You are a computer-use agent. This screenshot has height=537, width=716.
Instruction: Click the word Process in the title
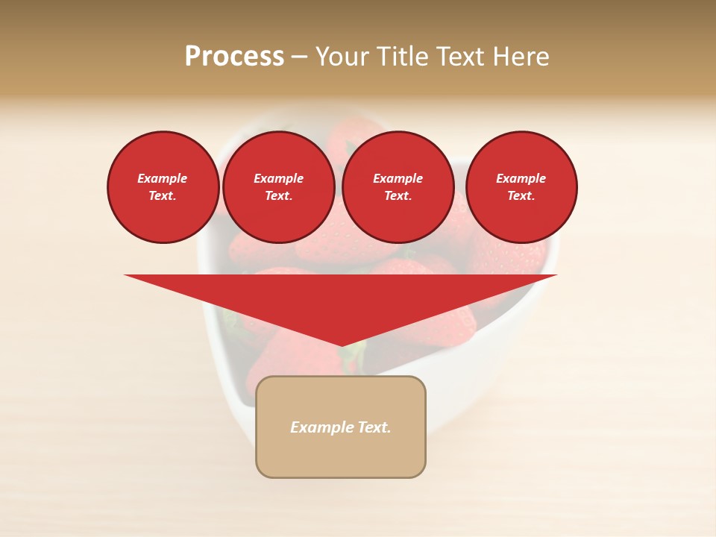pyautogui.click(x=234, y=57)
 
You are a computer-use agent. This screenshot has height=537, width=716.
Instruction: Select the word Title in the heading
pyautogui.click(x=401, y=57)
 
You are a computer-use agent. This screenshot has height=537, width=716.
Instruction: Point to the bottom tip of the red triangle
pyautogui.click(x=341, y=345)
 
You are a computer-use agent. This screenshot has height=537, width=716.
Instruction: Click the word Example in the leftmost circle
pyautogui.click(x=163, y=178)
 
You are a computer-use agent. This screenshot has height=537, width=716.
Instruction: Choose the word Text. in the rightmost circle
pyautogui.click(x=521, y=195)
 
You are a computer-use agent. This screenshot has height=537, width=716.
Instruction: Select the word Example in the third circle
pyautogui.click(x=398, y=178)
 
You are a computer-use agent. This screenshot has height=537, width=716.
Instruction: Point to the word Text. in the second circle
pyautogui.click(x=278, y=195)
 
